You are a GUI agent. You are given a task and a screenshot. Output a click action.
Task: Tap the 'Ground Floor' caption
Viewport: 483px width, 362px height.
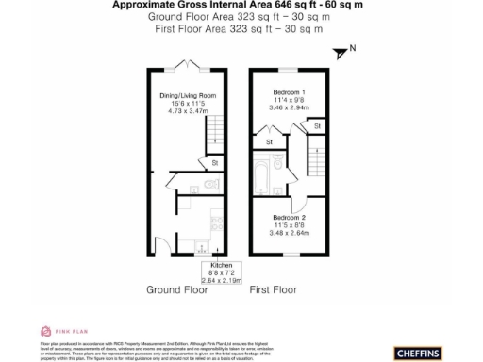(176, 291)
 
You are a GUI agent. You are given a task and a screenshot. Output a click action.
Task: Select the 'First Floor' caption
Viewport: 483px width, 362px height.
(275, 291)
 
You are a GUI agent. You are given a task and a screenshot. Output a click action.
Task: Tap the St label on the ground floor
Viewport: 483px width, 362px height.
(215, 163)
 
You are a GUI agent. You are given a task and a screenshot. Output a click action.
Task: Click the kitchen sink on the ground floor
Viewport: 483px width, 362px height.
(200, 247)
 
